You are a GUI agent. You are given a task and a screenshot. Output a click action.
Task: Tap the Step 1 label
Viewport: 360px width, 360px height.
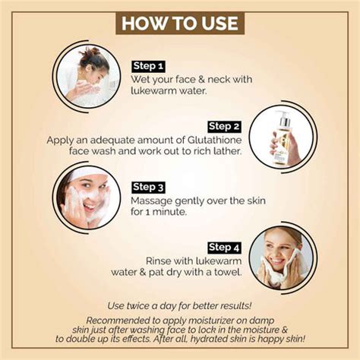click(x=149, y=65)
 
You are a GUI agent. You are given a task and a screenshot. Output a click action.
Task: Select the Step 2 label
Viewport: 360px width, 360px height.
click(x=224, y=126)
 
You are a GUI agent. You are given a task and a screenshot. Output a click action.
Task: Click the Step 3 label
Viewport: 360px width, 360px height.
click(x=149, y=187)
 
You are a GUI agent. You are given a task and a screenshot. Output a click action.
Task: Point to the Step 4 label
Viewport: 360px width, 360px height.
click(x=224, y=247)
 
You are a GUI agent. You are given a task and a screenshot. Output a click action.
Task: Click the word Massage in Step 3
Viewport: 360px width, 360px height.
click(x=153, y=201)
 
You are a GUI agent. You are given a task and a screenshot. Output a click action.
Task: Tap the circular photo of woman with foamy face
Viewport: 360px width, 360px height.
click(x=88, y=197)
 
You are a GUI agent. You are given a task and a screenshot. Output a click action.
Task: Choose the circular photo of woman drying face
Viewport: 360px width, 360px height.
click(x=281, y=258)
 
